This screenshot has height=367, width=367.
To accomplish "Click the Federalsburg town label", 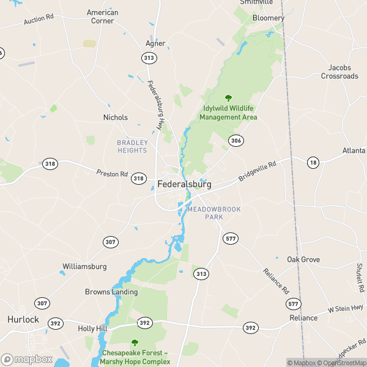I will [x=184, y=183].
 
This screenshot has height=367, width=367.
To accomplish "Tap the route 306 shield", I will [x=235, y=141].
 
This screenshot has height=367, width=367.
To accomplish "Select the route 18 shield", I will [x=313, y=162].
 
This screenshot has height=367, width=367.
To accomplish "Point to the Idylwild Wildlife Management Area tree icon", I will [x=228, y=97].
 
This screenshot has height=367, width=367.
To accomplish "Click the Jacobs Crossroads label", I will [x=339, y=72].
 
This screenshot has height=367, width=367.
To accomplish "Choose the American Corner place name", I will [x=102, y=17].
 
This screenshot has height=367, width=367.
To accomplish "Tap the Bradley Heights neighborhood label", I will [x=132, y=146].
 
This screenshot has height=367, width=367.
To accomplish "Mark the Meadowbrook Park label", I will [x=214, y=213].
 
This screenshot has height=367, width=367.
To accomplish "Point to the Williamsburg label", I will [x=84, y=267].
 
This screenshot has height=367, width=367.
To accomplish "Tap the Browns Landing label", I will [x=111, y=292].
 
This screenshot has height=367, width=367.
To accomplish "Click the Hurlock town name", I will [x=23, y=320].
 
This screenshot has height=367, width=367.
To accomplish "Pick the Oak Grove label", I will [x=303, y=259].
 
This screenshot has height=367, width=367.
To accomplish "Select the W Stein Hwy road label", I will [x=345, y=310].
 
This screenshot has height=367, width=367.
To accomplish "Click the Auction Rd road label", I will [x=40, y=21].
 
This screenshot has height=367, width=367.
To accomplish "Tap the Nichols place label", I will [x=116, y=117].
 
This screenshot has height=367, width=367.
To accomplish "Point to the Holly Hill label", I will [x=93, y=328].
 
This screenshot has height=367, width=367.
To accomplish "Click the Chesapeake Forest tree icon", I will [x=135, y=343].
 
